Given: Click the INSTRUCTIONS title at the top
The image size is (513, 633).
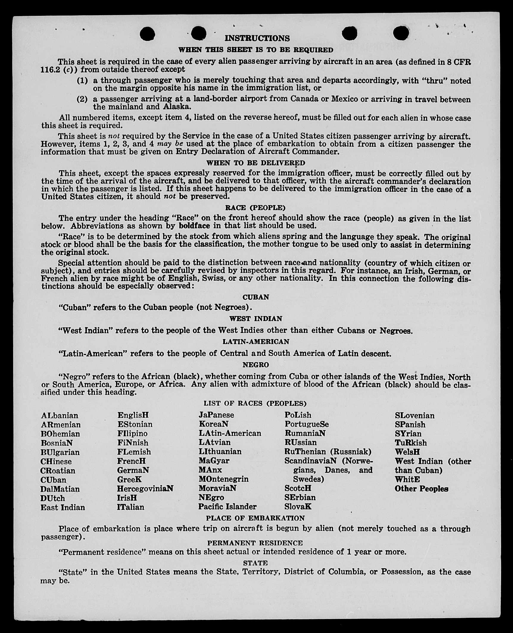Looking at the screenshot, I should click(x=257, y=38).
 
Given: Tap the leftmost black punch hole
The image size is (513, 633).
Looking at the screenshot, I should click(x=147, y=34).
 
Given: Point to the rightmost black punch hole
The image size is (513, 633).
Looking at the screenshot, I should click(x=401, y=33).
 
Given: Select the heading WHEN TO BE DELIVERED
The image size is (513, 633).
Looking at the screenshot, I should click(x=256, y=163).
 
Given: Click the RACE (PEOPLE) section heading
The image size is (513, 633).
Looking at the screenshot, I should click(x=255, y=208).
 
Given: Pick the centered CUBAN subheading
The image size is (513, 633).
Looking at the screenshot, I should click(x=256, y=297).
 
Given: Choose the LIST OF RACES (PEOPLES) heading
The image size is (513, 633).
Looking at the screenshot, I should click(x=255, y=403).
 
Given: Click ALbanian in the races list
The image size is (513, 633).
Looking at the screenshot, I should click(x=60, y=415).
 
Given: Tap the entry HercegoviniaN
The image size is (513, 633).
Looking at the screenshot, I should click(x=145, y=489).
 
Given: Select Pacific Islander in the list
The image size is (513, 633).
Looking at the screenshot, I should click(x=227, y=507).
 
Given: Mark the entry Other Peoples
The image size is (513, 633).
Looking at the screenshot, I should click(x=421, y=489).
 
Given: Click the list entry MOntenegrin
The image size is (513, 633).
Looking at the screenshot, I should click(x=223, y=479).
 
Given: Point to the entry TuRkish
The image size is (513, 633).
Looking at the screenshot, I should click(x=411, y=443).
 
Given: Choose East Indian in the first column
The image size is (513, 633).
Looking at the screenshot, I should click(x=63, y=507).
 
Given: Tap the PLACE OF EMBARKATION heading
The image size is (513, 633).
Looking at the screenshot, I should click(x=255, y=518).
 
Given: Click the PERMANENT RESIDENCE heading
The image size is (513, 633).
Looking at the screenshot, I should click(x=255, y=543).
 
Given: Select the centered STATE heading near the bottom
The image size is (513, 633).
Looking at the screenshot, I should click(x=255, y=563).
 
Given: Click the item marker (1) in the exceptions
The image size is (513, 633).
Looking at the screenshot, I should click(x=82, y=80).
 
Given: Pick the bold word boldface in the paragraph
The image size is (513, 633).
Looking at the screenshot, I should click(x=194, y=226).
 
